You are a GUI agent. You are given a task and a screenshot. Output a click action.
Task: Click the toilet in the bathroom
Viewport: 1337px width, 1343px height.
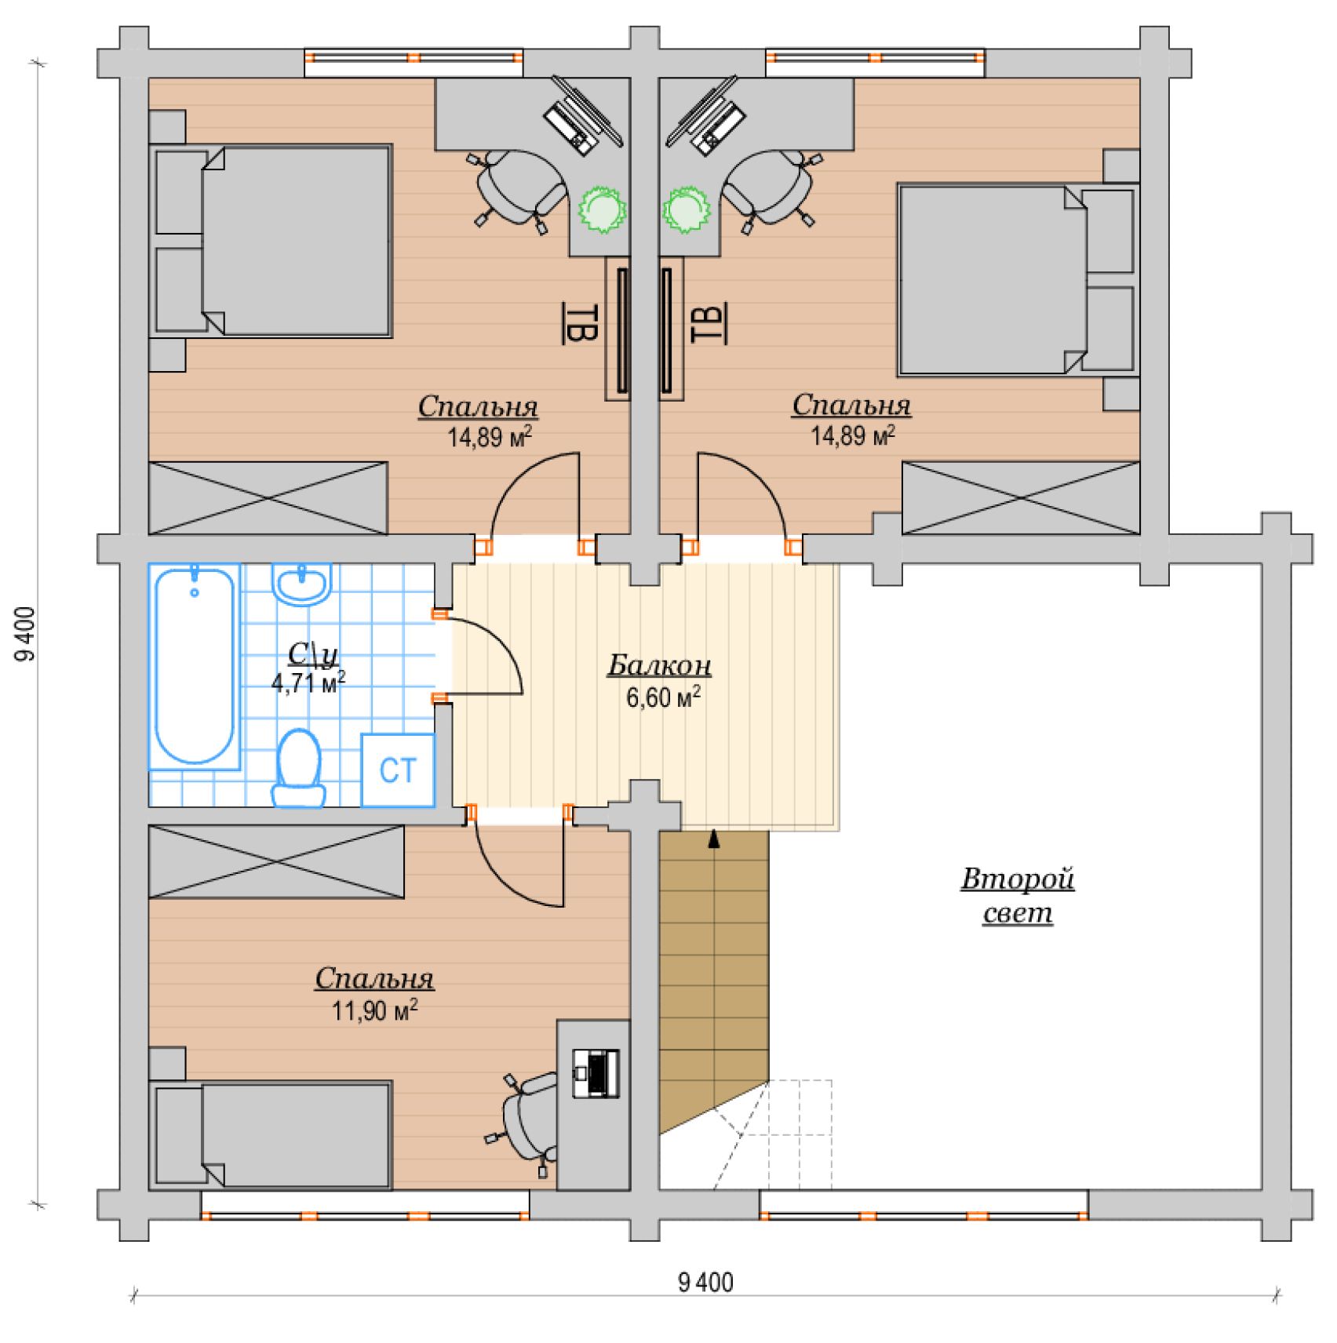click(299, 768)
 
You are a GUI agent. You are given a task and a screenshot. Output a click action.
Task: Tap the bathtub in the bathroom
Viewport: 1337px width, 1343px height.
click(195, 666)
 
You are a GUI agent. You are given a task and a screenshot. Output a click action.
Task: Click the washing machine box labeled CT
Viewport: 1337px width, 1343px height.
click(398, 770)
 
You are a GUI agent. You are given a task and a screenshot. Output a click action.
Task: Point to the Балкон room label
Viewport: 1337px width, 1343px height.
click(660, 665)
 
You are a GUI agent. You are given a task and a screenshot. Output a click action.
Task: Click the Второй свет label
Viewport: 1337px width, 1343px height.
click(1018, 895)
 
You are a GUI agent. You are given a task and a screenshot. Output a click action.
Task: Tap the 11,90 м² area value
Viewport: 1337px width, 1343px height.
click(374, 1010)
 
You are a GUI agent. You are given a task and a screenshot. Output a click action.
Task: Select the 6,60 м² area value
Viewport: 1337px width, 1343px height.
click(663, 697)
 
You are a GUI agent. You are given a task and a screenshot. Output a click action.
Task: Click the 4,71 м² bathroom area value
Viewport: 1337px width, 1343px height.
click(308, 682)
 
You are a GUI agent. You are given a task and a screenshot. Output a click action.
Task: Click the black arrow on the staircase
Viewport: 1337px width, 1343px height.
click(714, 839)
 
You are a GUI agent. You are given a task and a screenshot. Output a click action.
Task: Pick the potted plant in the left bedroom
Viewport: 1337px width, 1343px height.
click(603, 209)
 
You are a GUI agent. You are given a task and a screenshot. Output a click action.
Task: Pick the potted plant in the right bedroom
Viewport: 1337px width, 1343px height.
click(687, 209)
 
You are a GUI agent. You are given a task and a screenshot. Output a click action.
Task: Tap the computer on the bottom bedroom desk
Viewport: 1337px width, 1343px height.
click(596, 1073)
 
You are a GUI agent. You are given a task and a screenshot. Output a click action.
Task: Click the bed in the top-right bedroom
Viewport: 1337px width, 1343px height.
click(1018, 280)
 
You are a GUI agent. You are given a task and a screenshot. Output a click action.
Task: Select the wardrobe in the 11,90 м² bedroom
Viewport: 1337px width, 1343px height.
click(276, 861)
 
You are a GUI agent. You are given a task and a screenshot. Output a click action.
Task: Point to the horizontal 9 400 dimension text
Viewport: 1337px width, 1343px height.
click(705, 1283)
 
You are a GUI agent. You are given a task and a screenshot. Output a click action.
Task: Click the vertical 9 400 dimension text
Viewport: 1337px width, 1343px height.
click(26, 634)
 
